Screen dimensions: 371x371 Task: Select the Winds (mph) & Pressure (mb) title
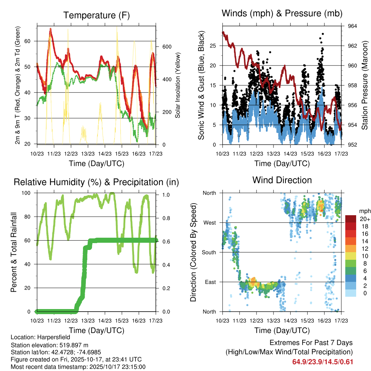pos(282,13)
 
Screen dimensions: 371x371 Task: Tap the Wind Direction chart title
pos(282,180)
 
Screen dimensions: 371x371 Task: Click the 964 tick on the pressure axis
pos(353,26)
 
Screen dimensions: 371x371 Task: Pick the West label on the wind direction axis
pos(209,222)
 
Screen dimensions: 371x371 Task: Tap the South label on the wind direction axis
pos(209,252)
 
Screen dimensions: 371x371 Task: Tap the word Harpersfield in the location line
pos(53,337)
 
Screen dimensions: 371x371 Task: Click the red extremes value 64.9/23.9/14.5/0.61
pos(322,362)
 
